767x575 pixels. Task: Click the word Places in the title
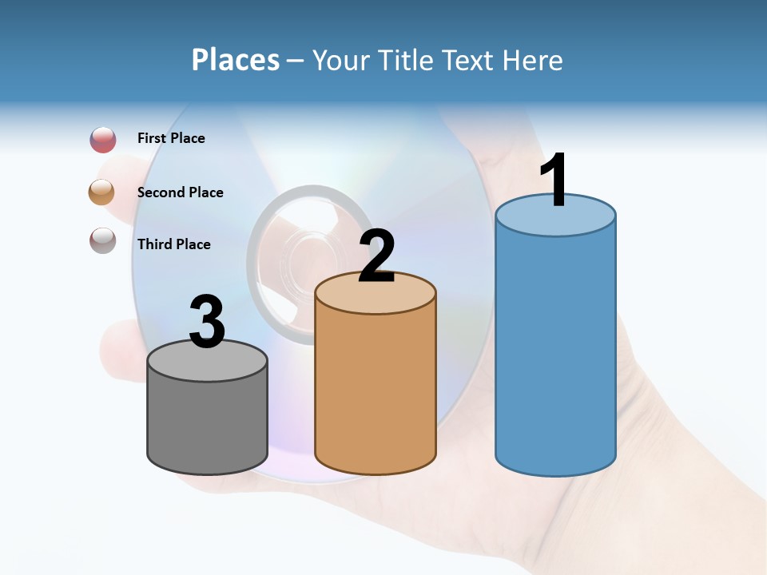[236, 60]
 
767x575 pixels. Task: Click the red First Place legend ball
[103, 140]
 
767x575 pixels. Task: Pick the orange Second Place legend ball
[102, 192]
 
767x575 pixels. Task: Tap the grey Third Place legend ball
[102, 240]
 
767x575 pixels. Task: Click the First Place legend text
[171, 138]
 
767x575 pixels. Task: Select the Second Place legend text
[180, 192]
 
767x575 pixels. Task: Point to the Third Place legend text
[173, 244]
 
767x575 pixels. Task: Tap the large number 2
[376, 256]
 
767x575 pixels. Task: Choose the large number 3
[207, 322]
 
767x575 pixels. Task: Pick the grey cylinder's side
[207, 419]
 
